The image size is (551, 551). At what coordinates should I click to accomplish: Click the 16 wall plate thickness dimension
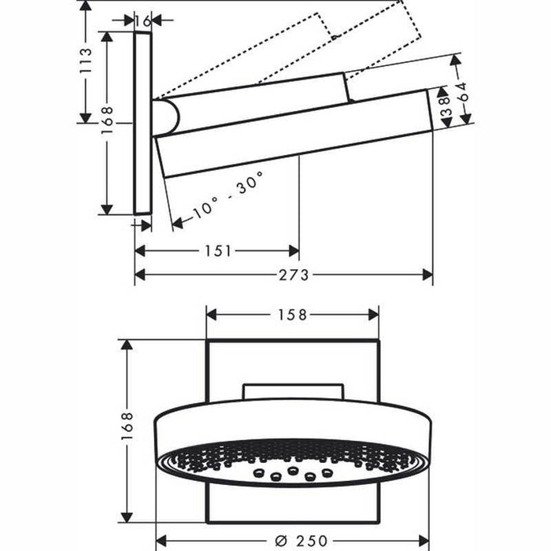(x=142, y=21)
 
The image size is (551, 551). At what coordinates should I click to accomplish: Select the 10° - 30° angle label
(x=228, y=195)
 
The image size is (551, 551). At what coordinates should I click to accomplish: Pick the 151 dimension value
(x=217, y=251)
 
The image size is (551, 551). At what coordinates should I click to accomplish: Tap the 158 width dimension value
(x=293, y=314)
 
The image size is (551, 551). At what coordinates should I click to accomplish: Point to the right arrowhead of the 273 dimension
(x=427, y=275)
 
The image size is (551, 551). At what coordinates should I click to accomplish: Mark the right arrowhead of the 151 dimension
(x=294, y=251)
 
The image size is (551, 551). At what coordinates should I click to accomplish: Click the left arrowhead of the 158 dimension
(x=212, y=314)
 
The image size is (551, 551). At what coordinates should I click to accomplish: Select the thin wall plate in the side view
(x=142, y=122)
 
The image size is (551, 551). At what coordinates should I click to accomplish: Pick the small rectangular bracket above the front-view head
(x=294, y=392)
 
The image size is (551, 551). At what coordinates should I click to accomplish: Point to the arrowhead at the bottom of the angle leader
(x=177, y=224)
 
